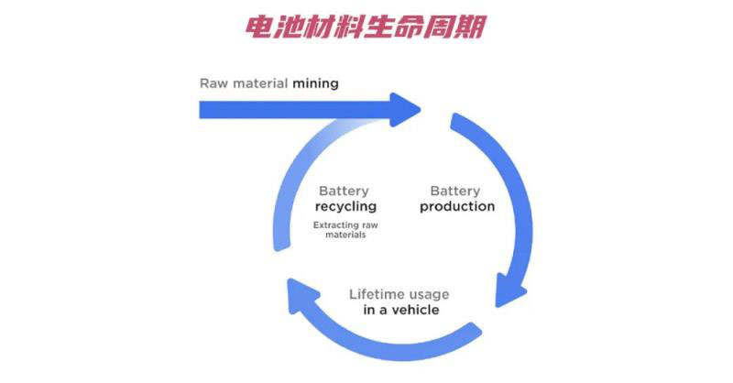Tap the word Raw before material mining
tap(213, 83)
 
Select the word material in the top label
tap(260, 83)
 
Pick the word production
tap(457, 207)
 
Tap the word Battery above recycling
tap(344, 191)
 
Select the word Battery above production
tap(455, 191)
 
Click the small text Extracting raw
tap(345, 224)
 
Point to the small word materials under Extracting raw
tap(345, 235)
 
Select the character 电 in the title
tap(260, 27)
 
